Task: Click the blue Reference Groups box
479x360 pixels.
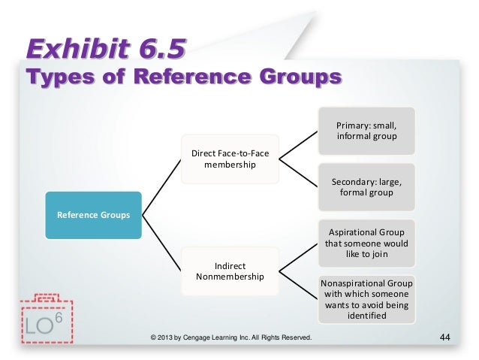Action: (x=93, y=216)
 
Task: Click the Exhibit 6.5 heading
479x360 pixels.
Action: (x=105, y=51)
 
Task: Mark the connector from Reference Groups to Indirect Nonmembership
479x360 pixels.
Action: (x=161, y=244)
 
